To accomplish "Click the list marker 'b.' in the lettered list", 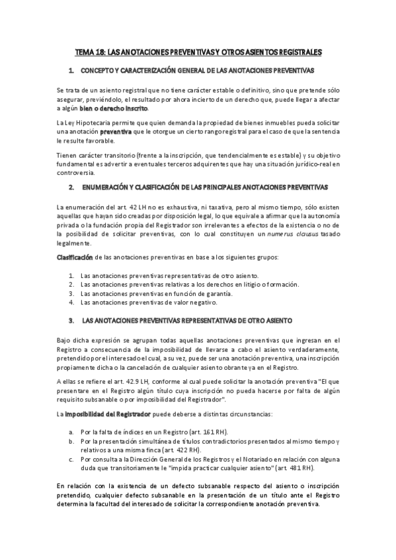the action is pyautogui.click(x=71, y=441).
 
